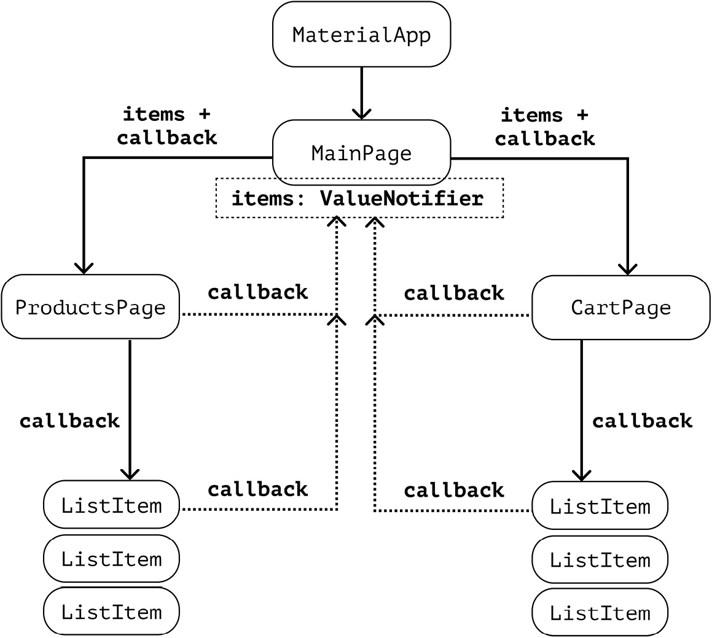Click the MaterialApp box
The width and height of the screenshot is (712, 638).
point(361,34)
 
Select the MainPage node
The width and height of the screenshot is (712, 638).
point(361,152)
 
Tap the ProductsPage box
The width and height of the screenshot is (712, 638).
point(90,307)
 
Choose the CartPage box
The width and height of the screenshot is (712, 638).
point(620,307)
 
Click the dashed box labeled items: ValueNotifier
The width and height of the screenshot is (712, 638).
point(359,198)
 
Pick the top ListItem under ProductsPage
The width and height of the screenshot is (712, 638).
point(111,505)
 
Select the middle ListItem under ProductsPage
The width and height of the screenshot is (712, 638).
point(111,559)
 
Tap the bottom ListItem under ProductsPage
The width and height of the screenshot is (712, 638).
point(111,612)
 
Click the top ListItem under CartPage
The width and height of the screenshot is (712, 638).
point(600,507)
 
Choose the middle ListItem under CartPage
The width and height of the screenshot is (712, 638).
point(600,560)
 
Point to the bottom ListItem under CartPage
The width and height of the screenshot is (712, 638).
point(600,613)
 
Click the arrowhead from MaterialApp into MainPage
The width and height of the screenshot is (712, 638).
point(361,114)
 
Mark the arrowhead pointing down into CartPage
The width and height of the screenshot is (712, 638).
point(627,268)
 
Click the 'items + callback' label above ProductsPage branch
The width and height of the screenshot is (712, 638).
point(166,126)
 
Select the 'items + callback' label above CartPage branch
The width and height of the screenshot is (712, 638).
point(544,127)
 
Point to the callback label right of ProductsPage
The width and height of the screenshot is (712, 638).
point(257,292)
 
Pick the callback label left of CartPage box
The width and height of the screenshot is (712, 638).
point(453,294)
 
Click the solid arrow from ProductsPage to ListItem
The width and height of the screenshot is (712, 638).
point(130,408)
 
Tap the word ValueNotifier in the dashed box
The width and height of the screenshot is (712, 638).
point(401,199)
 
